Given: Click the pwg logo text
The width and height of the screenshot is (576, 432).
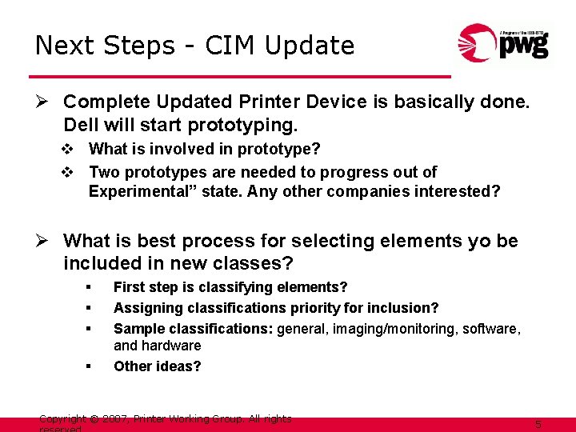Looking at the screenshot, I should pos(523,46).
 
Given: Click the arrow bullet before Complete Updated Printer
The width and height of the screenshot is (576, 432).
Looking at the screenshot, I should pos(46,102).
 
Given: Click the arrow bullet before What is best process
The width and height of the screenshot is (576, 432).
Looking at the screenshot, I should pos(46,241).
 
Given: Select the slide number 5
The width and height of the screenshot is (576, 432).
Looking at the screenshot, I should pos(538,424).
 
